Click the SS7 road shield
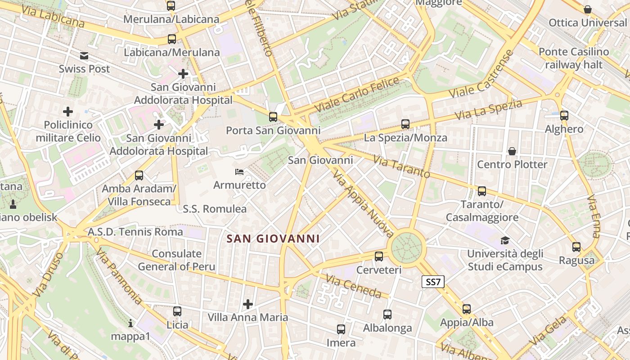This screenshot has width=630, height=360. point(433,282)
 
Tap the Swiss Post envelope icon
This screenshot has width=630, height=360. point(84,56)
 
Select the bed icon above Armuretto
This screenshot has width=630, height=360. point(239,172)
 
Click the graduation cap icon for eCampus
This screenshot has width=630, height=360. point(505,241)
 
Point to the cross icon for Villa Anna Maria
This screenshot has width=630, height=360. point(248,304)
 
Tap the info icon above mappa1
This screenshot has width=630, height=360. point(130,323)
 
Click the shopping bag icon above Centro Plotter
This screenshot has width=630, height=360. point(512,151)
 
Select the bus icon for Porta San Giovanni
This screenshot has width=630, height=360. point(273,117)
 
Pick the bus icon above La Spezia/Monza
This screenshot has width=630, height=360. point(405,124)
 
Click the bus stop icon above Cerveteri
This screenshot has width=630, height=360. point(379,256)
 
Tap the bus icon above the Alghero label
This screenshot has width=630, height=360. point(564,116)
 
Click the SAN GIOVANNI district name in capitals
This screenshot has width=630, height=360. point(273,239)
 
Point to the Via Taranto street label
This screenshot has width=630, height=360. point(401,166)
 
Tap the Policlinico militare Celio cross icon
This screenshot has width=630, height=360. point(68,111)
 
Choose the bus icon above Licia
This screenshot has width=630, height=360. point(177,311)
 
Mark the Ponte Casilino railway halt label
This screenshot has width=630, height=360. point(574,58)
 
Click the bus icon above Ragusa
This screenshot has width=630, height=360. point(576,247)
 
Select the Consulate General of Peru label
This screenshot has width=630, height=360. point(176,260)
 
